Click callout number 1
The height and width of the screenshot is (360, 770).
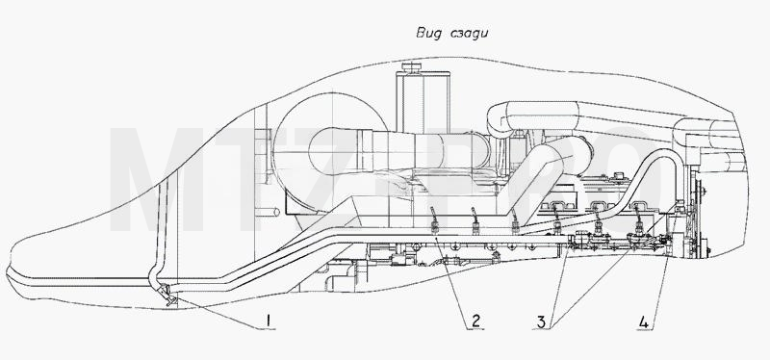coord(269,321)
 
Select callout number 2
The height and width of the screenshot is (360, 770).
coord(475,321)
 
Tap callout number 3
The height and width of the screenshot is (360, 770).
coord(541,321)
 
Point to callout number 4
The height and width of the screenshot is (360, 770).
coord(643,322)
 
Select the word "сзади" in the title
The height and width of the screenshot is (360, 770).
coord(469,34)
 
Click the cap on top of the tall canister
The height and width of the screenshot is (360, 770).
coord(412,66)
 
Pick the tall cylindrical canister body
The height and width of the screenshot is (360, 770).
coord(423,102)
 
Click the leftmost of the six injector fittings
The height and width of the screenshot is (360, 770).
coord(435,220)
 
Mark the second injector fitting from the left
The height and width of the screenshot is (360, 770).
coord(475,220)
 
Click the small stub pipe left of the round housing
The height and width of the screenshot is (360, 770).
coord(269,212)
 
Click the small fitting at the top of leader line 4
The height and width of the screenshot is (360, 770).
coord(680,206)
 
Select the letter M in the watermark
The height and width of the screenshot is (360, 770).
coord(156,179)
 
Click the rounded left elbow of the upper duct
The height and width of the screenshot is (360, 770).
coord(498,119)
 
